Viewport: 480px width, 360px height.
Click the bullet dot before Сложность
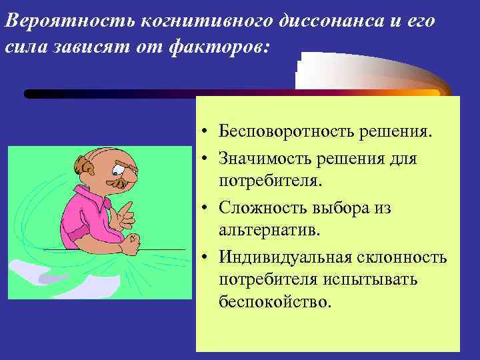(209, 209)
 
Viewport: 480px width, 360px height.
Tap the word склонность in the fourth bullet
(407, 257)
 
